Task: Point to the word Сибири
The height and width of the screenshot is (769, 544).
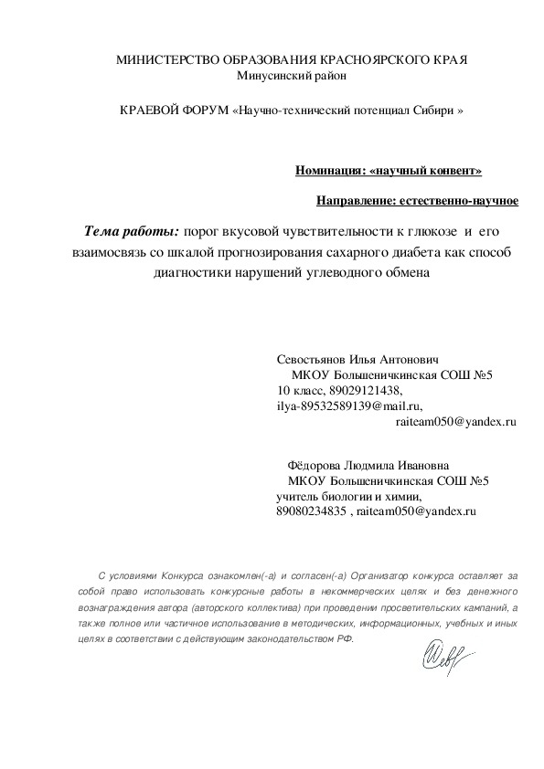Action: [434, 111]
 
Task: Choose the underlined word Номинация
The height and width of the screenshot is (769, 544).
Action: [328, 171]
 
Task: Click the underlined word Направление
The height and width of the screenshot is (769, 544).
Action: [353, 200]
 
